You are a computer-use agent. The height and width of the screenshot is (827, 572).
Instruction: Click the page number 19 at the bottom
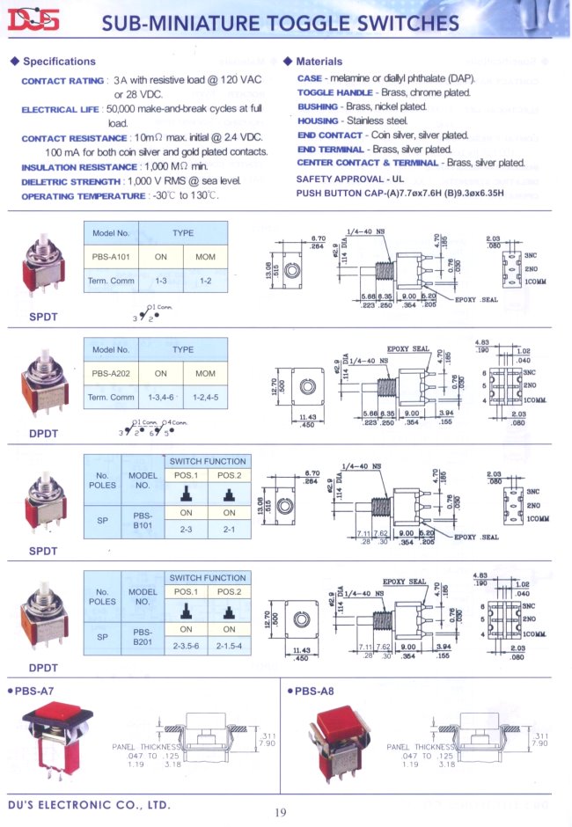coord(280,812)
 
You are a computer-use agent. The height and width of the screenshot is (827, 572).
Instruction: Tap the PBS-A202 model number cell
coord(111,373)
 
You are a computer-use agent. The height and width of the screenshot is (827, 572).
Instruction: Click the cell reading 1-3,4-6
coord(161,397)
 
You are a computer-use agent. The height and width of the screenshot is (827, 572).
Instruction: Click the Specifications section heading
coord(59,62)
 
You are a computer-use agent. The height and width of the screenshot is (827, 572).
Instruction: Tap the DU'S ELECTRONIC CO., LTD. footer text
coord(89,804)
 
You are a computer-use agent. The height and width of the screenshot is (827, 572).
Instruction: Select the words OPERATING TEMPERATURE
coord(83,196)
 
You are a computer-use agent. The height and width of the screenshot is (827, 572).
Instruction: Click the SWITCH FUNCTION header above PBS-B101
coord(208,461)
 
